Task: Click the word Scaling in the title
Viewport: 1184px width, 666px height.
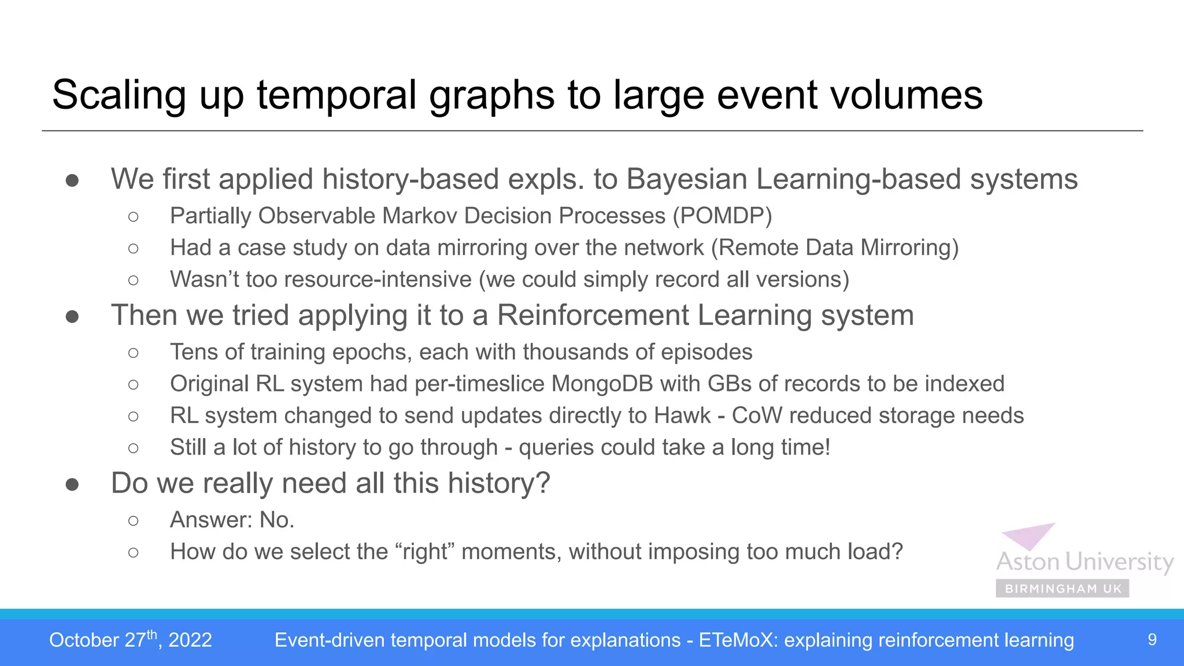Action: coord(119,95)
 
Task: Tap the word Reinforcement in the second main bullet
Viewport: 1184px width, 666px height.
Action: coord(593,316)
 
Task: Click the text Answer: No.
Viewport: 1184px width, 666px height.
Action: coord(232,520)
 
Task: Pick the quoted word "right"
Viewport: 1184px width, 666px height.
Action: coord(425,552)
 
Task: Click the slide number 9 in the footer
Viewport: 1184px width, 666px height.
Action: coord(1152,640)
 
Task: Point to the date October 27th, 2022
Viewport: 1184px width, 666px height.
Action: coord(130,640)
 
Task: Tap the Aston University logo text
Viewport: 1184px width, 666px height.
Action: coord(1084,562)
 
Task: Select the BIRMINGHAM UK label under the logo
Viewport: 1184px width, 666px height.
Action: coord(1063,589)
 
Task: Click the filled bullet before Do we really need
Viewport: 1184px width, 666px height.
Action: coord(72,484)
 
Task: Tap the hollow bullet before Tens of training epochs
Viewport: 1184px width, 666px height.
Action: coord(134,353)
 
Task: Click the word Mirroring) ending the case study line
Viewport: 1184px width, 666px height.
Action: coord(909,248)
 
